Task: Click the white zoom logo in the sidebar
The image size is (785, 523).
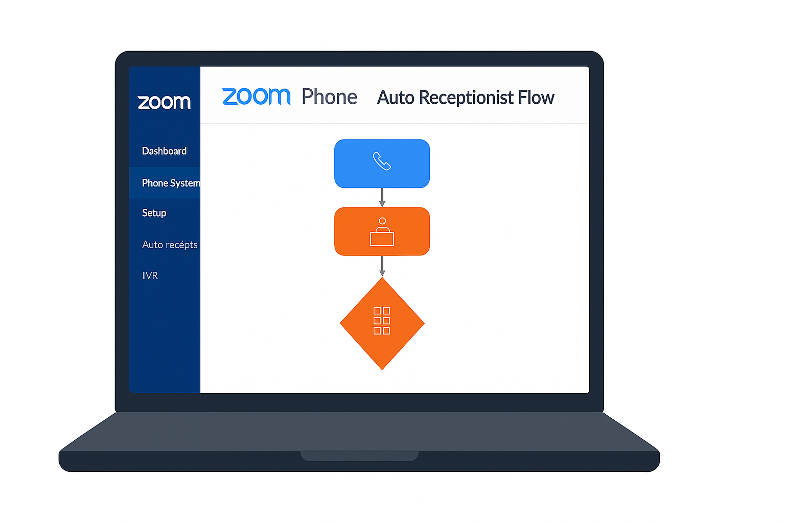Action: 164,102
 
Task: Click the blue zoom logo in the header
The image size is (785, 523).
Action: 256,97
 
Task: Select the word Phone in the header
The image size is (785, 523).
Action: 329,97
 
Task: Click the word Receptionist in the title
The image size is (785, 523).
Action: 466,98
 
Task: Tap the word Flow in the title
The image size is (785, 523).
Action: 536,98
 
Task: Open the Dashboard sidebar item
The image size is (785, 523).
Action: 164,151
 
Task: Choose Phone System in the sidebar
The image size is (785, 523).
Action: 170,183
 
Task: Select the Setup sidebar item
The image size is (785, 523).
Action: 154,213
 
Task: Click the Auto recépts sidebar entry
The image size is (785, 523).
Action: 170,245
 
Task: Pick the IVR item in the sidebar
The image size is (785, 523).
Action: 150,275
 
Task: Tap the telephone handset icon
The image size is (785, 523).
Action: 382,161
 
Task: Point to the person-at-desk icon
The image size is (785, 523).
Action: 382,232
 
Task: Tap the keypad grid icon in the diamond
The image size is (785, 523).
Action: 382,321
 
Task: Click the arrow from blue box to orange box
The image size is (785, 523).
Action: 382,197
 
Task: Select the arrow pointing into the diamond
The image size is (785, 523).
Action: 382,266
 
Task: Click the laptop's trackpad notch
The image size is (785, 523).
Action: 359,456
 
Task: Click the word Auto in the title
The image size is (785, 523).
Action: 396,98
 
